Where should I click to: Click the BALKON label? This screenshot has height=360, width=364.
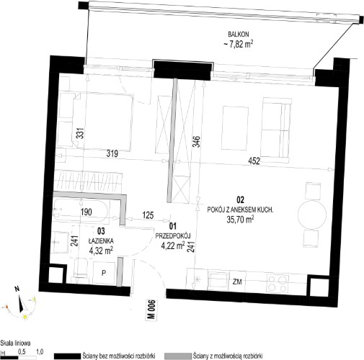239,34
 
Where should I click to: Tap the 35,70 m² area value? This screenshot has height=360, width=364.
240,220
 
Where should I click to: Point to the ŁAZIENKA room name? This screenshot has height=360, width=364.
101,240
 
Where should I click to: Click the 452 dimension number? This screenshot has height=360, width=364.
254,161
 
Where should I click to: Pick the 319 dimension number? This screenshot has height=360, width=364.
112,153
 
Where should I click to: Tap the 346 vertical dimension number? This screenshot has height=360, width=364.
197,142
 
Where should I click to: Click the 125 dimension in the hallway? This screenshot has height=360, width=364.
148,215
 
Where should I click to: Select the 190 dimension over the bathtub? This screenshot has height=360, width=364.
86,212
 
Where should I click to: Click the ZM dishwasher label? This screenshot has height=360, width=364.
237,282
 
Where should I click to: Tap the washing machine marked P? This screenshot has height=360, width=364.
104,273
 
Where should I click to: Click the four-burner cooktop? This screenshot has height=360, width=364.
278,283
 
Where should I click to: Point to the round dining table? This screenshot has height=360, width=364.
312,215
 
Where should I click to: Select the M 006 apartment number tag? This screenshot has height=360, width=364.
151,310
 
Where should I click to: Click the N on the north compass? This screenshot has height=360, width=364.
17,289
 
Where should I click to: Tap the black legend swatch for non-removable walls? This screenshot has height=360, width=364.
67,356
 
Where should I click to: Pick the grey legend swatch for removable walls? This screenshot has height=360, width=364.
178,356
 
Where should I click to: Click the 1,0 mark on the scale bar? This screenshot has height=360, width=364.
40,352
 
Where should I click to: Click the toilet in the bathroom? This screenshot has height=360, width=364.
80,268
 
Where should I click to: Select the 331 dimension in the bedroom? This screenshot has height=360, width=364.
81,133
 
